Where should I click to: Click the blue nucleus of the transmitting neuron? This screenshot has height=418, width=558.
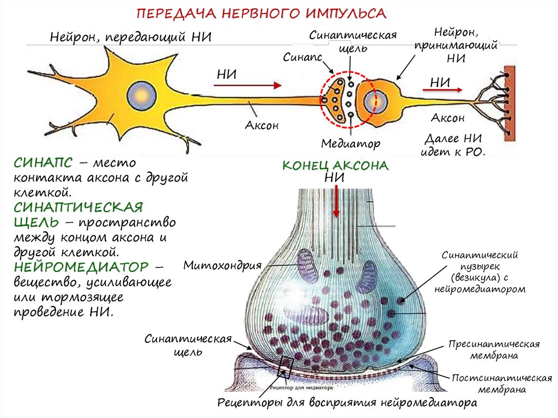(x=138, y=96)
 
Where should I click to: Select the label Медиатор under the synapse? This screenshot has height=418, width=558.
(x=350, y=144)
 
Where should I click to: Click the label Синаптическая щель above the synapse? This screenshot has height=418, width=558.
(x=353, y=41)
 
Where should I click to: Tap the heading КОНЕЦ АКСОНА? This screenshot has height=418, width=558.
(x=335, y=166)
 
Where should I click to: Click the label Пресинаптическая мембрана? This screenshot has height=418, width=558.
(x=494, y=350)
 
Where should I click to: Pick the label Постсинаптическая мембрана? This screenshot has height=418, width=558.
(x=502, y=384)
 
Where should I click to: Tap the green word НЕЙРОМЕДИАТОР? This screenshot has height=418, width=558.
(x=81, y=268)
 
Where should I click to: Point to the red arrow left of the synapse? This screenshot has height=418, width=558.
(x=250, y=85)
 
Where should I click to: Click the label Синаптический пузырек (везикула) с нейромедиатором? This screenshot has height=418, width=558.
(x=480, y=272)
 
